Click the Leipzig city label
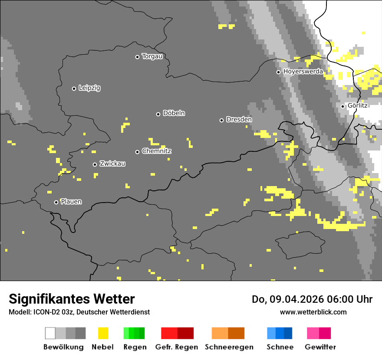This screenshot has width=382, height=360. (x=89, y=88)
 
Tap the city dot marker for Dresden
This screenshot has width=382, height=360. (x=221, y=120)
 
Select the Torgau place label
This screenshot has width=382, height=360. (x=152, y=56)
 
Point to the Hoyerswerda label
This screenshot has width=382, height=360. (x=303, y=72)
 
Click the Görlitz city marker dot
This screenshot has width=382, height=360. (x=342, y=106)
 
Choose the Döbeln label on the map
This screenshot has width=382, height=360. (x=174, y=113)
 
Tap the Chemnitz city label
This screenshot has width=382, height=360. (x=156, y=151)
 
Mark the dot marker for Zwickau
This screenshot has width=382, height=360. (x=95, y=164)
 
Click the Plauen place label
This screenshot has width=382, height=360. (x=71, y=202)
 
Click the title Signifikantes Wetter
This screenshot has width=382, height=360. (x=72, y=299)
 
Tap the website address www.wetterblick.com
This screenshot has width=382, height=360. (x=313, y=312)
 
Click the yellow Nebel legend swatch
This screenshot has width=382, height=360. (x=103, y=333)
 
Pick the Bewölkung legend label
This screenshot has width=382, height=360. (x=63, y=347)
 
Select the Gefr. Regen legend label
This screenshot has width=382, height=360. (x=177, y=347)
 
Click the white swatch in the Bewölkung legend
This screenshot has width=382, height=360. (x=50, y=333)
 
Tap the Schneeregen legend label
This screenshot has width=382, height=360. (x=229, y=347)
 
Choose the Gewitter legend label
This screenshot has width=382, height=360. (x=320, y=347)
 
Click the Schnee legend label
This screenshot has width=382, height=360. (x=280, y=347)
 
